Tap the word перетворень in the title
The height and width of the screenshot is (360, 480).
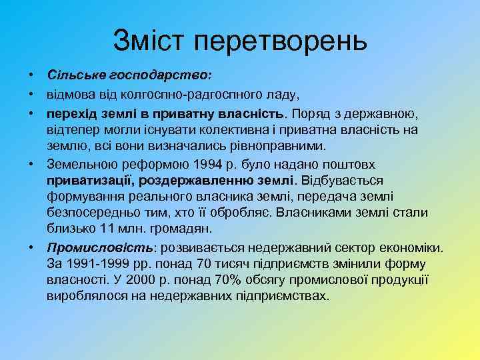click(281, 41)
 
